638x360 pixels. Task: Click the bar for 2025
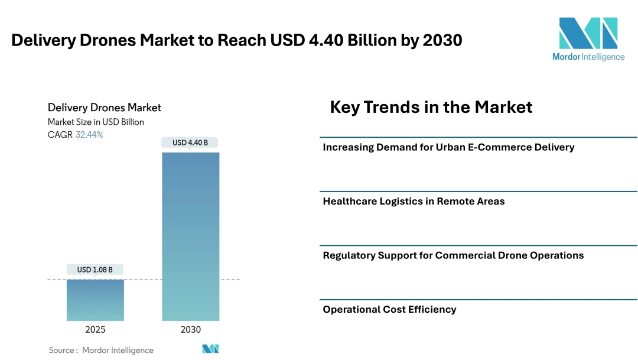coord(95,300)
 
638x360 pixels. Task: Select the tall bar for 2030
coord(191,236)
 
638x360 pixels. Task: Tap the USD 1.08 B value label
coord(95,270)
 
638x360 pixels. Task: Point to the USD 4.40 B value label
coord(190,142)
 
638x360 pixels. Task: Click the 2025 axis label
coord(95,330)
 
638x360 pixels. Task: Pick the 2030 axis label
coord(191,330)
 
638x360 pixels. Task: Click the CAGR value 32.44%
coord(89,135)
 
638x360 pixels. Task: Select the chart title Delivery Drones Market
coord(104,108)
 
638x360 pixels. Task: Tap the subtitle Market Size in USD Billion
coord(96,122)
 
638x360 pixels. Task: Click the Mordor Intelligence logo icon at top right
coord(588,33)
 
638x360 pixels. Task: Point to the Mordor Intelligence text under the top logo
coord(588,57)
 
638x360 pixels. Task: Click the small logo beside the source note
coord(210,349)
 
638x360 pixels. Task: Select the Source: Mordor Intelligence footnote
coord(101,350)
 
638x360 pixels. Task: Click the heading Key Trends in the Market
coord(431,107)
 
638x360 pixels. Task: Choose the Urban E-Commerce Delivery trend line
coord(448,147)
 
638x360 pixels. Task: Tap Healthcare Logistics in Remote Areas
coord(414,201)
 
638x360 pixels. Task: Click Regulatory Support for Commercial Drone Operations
coord(453,255)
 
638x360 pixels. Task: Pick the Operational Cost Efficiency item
coord(389,309)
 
